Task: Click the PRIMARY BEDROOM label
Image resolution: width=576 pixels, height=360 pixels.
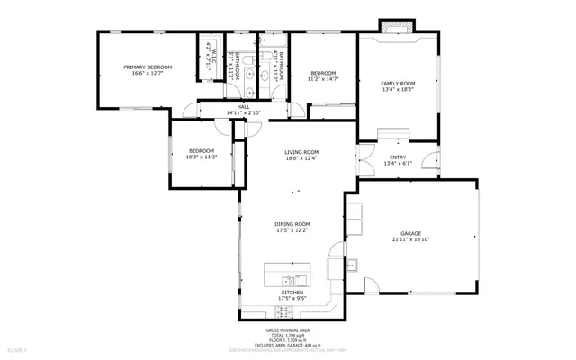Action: (148, 67)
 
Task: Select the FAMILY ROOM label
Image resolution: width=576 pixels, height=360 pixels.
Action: (397, 83)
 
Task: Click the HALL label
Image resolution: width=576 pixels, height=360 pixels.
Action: (243, 106)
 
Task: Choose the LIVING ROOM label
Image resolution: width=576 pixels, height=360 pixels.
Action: (301, 152)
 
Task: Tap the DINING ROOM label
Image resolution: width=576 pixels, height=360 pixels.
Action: (292, 223)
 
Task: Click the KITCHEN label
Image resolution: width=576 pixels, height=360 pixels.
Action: (292, 292)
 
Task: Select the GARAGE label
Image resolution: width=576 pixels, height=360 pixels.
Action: (411, 233)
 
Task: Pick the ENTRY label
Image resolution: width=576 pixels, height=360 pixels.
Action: (397, 157)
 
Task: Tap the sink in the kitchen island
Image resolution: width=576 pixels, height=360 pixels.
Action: (288, 278)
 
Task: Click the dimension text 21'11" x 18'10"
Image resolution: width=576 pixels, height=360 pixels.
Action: (411, 240)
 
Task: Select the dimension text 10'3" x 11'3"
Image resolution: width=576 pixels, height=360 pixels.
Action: (202, 157)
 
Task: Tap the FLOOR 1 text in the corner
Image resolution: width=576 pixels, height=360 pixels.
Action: (18, 347)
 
